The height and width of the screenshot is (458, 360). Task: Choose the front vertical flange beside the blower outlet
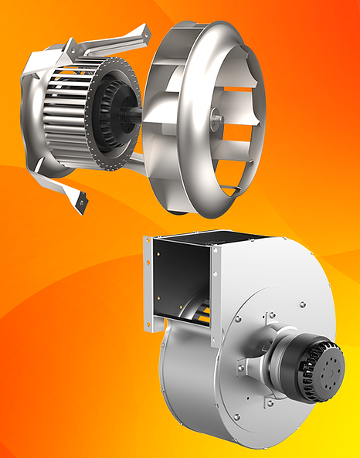(216, 286)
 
